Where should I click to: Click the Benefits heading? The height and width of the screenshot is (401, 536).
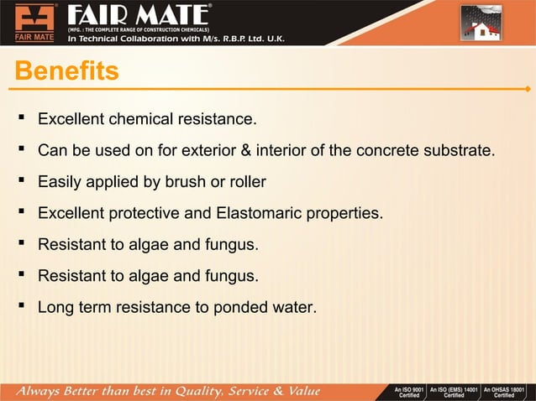66,71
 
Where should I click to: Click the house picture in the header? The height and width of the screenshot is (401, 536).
481,23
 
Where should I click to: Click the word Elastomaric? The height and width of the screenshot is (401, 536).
262,213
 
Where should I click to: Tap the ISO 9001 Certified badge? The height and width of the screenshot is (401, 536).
408,392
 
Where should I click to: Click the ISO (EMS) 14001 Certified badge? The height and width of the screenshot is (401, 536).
453,392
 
